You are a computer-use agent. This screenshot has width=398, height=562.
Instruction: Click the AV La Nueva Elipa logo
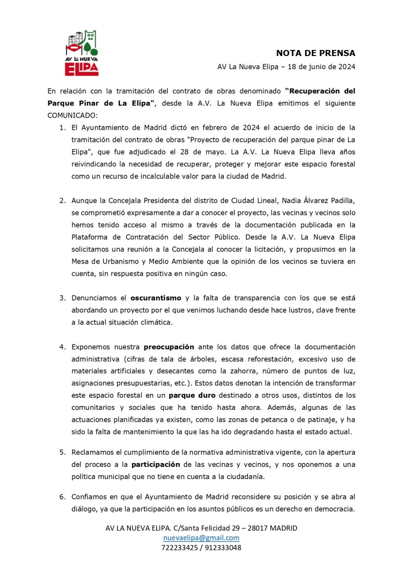pos(82,54)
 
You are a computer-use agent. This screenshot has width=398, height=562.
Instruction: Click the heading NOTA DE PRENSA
pos(316,53)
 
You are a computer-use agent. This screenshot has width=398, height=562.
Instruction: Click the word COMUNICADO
pos(72,115)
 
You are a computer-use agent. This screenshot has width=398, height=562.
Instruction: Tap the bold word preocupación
pos(169,347)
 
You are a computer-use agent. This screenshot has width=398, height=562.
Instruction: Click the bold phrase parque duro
pos(191,395)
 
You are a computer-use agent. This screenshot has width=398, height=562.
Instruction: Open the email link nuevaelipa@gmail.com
pos(201,538)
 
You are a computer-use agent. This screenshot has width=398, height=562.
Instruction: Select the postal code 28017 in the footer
pos(250,528)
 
